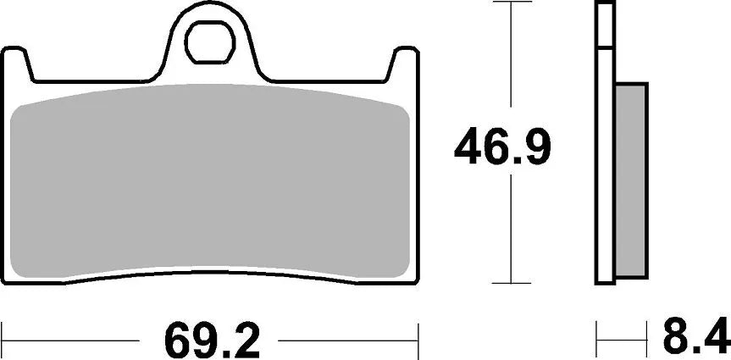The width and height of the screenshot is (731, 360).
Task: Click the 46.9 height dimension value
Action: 502,147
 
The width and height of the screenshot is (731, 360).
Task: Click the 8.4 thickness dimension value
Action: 695,338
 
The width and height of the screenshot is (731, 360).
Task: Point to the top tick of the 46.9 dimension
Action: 510,3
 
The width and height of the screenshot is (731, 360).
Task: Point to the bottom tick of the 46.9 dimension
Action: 510,284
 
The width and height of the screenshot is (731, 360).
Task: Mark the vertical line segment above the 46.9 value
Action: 510,59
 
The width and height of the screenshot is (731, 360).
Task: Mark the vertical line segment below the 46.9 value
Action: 510,229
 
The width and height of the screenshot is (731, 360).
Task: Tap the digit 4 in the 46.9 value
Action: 471,147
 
